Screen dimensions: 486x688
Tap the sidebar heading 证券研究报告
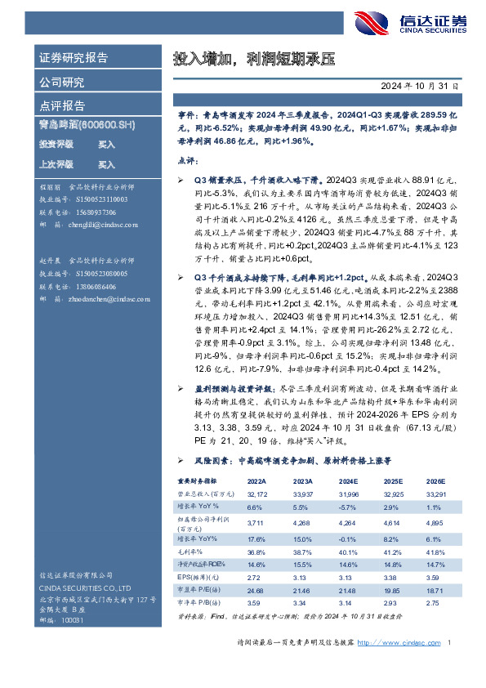click(x=74, y=58)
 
